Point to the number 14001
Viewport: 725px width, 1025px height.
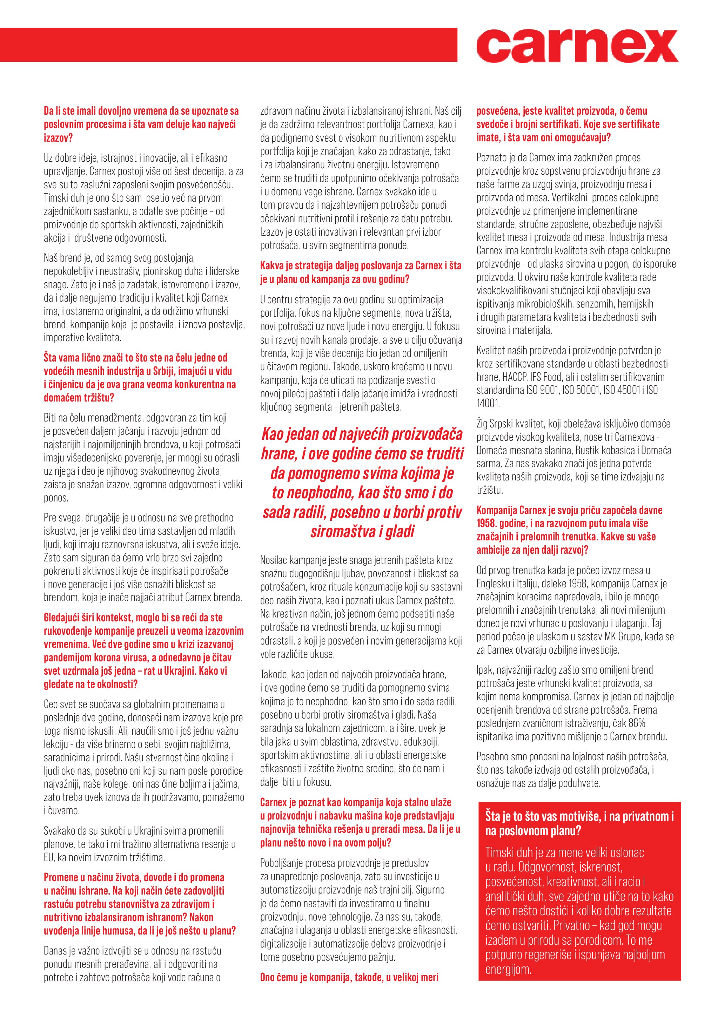[x=488, y=404]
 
